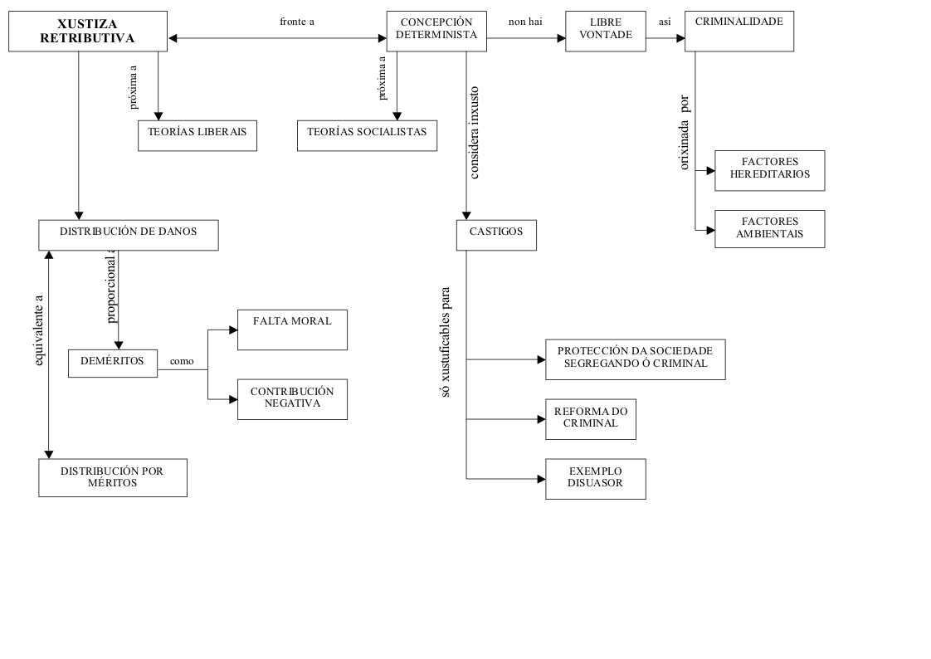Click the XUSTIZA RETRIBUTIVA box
[87, 32]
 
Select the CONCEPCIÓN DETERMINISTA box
[436, 31]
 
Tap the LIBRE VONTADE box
[605, 31]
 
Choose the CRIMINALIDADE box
[738, 31]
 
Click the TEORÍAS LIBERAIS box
[197, 135]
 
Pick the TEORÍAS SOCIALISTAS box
[367, 135]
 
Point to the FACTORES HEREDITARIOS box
[769, 170]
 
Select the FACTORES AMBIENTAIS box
[769, 229]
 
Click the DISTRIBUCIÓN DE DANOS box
[128, 235]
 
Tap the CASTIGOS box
[496, 235]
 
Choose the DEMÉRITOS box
[112, 363]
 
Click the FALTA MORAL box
[292, 329]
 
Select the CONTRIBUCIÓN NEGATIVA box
[292, 399]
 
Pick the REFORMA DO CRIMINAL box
[591, 419]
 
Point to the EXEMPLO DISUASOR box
[595, 479]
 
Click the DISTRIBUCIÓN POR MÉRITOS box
[112, 477]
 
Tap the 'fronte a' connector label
[297, 22]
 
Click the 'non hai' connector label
[525, 22]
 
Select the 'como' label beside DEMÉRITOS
[182, 362]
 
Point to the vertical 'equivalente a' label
[37, 330]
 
